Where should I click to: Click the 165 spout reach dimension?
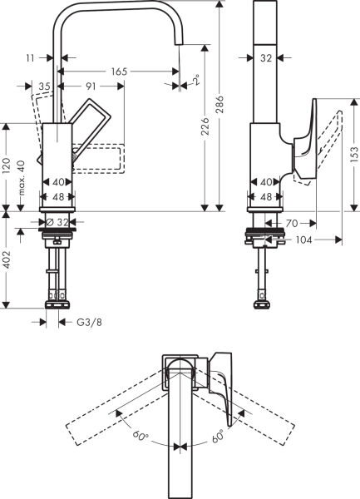tap(119, 72)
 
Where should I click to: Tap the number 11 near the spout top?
tap(30, 58)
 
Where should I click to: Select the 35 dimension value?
tap(44, 85)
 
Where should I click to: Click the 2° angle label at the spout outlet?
tap(197, 79)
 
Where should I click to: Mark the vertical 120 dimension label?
tap(7, 165)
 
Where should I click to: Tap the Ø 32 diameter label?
tap(57, 222)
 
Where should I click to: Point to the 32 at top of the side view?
tap(266, 58)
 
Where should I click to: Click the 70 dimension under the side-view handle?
tap(292, 223)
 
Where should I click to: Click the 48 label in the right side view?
tap(266, 196)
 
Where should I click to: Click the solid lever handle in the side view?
tap(302, 141)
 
